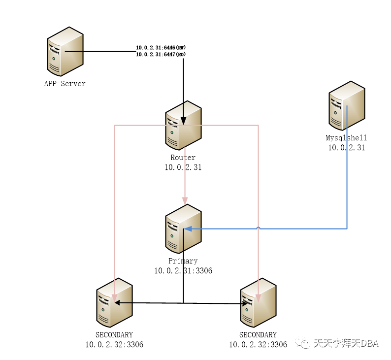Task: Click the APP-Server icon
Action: [65, 52]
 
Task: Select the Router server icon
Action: [183, 126]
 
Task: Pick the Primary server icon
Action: [183, 229]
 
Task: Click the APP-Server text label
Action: [65, 84]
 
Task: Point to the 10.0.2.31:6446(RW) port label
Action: [161, 48]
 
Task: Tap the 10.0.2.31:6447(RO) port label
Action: [161, 55]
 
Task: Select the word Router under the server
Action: [183, 158]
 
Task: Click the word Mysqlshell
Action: [347, 138]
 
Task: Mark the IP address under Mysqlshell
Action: [347, 147]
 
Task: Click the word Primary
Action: [183, 261]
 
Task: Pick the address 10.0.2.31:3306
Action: [183, 270]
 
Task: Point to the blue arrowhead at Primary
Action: [187, 229]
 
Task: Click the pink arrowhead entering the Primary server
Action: [185, 200]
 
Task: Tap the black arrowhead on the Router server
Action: [184, 120]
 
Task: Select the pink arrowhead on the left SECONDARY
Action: [114, 298]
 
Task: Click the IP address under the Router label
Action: [183, 167]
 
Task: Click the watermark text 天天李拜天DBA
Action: [346, 343]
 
